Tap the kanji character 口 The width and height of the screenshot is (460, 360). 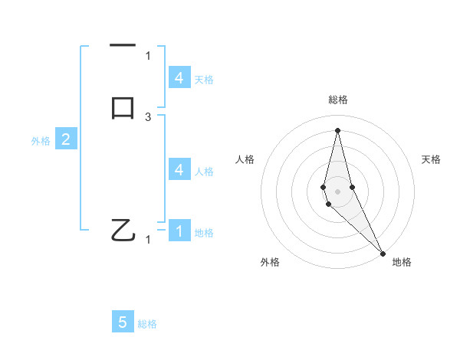[x=123, y=108]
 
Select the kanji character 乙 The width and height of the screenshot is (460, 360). [x=123, y=230]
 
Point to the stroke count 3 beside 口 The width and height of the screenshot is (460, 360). [x=148, y=116]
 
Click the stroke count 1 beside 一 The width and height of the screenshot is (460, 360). [x=148, y=55]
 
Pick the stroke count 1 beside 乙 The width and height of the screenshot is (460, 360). [x=148, y=240]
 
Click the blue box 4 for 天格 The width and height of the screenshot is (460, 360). [x=179, y=77]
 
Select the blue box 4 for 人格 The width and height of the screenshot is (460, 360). [x=179, y=169]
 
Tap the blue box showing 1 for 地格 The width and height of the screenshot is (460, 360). [x=179, y=231]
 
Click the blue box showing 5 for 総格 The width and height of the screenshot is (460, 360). [x=123, y=322]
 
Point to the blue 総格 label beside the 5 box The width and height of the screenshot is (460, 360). [x=147, y=324]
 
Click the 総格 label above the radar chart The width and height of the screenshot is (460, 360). [x=337, y=100]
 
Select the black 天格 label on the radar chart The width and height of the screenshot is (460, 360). [x=432, y=159]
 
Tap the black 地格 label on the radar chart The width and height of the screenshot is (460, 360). [x=402, y=262]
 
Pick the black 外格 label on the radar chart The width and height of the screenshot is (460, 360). [x=270, y=262]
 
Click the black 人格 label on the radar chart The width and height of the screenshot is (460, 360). [x=245, y=159]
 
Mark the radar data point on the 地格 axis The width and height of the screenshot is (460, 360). [x=383, y=253]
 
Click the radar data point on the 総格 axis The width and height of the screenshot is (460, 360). [x=337, y=129]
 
